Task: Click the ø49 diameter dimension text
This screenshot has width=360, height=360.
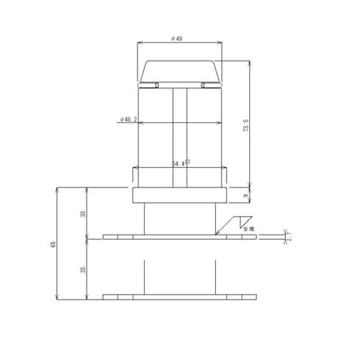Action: (178, 38)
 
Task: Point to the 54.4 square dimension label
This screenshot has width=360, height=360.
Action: (180, 163)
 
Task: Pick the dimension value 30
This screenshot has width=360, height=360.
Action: (83, 214)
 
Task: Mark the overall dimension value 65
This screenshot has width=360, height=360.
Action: (53, 245)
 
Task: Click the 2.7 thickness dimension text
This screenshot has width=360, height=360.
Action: (289, 236)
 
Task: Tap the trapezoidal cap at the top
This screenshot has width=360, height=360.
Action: (179, 71)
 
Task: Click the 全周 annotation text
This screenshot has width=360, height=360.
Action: (249, 229)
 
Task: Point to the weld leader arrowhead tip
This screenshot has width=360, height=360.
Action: (215, 235)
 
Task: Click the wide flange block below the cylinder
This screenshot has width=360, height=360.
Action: (179, 195)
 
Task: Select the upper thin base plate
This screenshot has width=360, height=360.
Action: (179, 236)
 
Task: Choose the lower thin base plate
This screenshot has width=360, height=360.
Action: (179, 297)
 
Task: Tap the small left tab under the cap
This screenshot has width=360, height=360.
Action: (148, 86)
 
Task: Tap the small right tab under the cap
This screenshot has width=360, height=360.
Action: (211, 86)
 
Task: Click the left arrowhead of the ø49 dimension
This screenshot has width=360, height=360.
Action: (139, 44)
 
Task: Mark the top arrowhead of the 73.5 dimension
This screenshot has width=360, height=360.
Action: (250, 62)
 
